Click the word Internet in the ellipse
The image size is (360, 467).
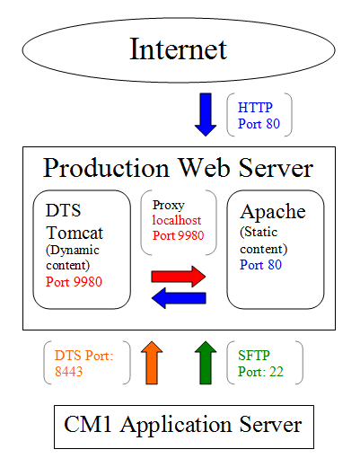pos(179,48)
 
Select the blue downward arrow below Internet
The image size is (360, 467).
pos(206,113)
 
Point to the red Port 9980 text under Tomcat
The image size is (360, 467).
pos(74,281)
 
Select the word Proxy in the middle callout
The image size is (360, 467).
pos(169,205)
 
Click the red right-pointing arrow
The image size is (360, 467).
pos(180,276)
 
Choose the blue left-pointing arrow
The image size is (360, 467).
pos(179,298)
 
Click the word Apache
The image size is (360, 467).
pos(273,212)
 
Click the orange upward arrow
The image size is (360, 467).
pos(153,362)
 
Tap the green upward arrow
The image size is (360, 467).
pos(206,362)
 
